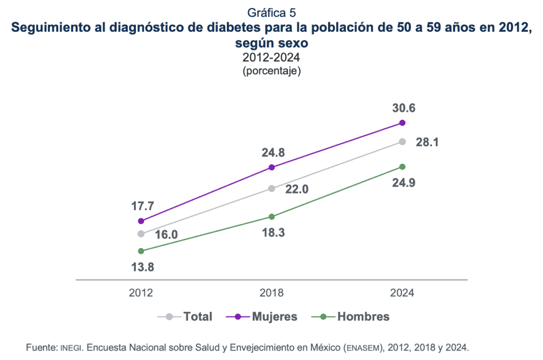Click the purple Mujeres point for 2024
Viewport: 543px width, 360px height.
402,122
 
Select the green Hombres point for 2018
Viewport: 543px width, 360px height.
271,216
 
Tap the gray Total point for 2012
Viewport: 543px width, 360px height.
141,234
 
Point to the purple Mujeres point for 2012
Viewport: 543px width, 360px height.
141,221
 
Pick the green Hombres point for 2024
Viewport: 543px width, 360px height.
402,166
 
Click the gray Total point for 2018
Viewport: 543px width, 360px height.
271,188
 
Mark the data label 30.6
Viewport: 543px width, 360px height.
403,108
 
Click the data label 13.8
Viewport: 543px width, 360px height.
142,267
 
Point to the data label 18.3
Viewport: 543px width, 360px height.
273,232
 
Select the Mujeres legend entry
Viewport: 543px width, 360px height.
274,317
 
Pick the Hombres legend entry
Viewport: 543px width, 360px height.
363,317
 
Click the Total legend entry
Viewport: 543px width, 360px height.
197,317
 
